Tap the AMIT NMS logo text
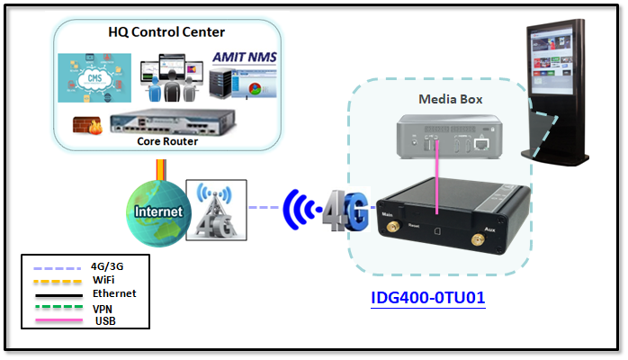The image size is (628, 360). coord(245,58)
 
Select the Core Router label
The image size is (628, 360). coord(167,141)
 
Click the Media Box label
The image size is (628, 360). coord(447,98)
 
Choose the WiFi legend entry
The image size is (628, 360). coord(104,280)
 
